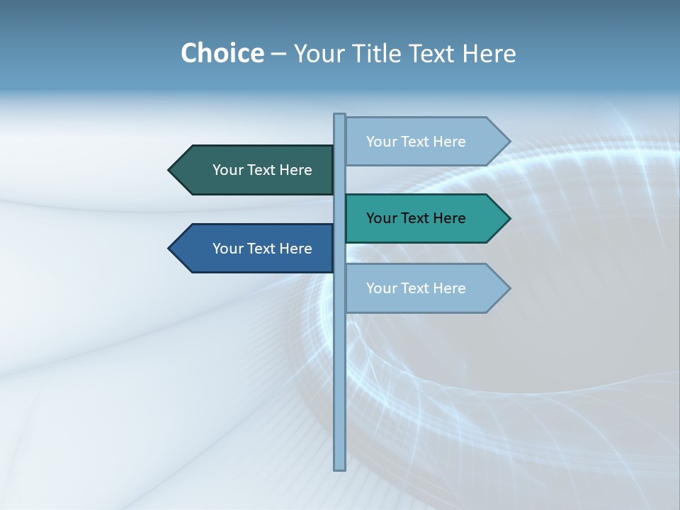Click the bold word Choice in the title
click(222, 53)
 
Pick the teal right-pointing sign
click(421, 218)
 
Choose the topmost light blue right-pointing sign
click(421, 142)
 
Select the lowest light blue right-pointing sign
click(421, 288)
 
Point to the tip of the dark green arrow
click(170, 170)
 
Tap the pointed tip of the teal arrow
click(509, 218)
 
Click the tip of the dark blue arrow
click(170, 249)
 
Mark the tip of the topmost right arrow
click(509, 142)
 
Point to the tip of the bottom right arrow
click(509, 288)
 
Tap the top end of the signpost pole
click(340, 115)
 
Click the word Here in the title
click(489, 53)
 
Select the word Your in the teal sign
click(381, 218)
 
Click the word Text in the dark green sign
click(261, 170)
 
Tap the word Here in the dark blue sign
click(295, 249)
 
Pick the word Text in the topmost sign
click(415, 142)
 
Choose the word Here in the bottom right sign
click(449, 288)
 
